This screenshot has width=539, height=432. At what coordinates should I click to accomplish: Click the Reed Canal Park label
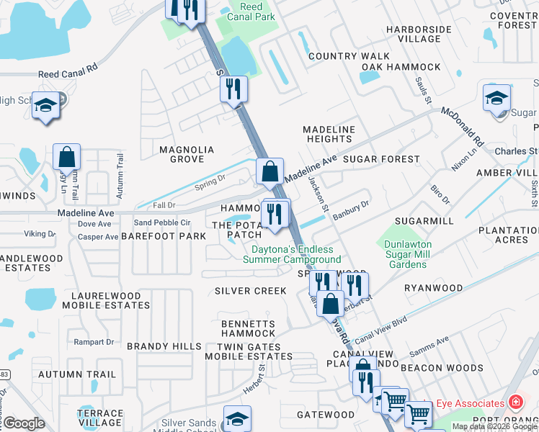tap(251, 12)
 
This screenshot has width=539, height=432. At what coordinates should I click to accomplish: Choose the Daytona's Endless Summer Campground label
tap(296, 254)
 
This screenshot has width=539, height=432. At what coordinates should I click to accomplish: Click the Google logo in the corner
tap(24, 423)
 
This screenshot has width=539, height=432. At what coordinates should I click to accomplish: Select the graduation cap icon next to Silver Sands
tap(237, 418)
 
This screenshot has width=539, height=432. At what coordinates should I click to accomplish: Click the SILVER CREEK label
tap(250, 291)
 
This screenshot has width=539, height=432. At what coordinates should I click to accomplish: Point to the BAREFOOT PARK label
tap(164, 236)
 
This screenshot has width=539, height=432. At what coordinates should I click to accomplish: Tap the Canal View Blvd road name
tap(380, 328)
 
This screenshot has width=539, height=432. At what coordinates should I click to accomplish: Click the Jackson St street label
tap(319, 194)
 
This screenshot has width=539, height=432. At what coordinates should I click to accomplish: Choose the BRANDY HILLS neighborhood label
tap(164, 346)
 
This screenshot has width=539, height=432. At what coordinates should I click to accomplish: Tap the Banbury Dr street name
tap(351, 207)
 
